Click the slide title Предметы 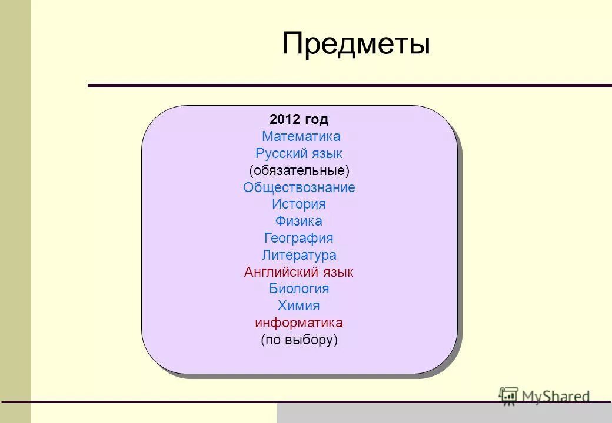point(356,45)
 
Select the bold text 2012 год point(299,120)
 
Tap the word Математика point(301,137)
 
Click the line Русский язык point(299,154)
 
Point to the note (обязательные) point(299,171)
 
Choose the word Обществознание point(299,188)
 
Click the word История point(299,204)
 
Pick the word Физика point(299,221)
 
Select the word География point(299,239)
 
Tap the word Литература point(299,256)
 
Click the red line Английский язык point(299,273)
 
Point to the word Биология point(299,289)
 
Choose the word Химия point(299,306)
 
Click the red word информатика point(299,323)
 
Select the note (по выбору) point(299,340)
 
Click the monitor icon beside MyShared point(508,396)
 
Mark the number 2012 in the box point(285,120)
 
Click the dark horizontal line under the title point(350,86)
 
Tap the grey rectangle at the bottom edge point(444,414)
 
